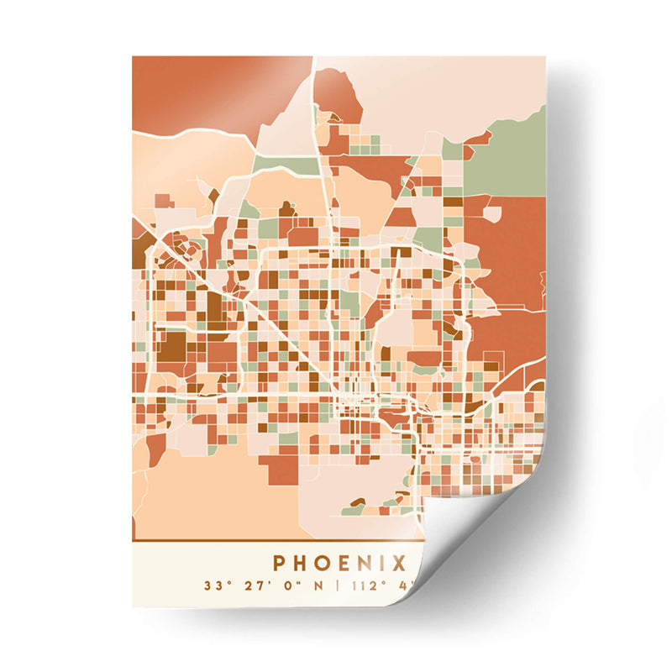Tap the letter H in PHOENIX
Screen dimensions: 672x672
tap(303, 561)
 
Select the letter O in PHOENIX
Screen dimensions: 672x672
tap(327, 561)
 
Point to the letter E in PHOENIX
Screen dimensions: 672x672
tap(349, 561)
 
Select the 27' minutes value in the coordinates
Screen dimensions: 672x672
tap(249, 585)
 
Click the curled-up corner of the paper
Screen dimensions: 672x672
tap(470, 538)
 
